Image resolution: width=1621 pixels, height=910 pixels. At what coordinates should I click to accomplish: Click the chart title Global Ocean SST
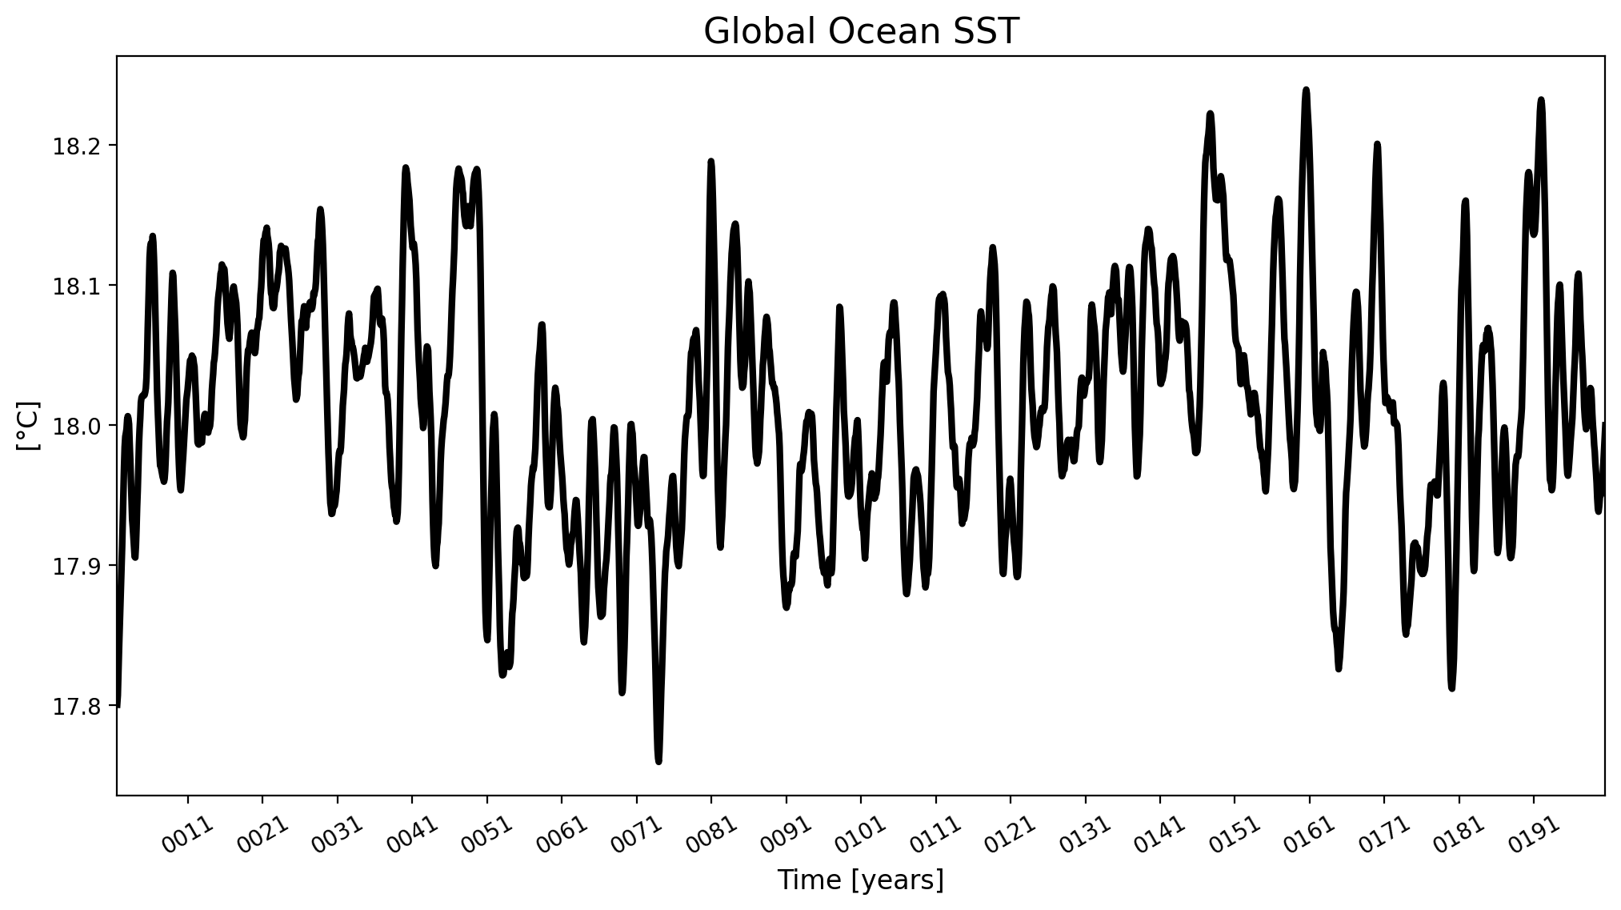(x=861, y=32)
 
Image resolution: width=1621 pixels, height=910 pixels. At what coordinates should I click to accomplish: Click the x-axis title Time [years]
(x=861, y=880)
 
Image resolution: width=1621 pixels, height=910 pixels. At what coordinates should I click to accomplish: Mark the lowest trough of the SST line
(x=658, y=761)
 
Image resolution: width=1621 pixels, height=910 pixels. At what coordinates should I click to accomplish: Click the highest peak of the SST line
(x=1306, y=90)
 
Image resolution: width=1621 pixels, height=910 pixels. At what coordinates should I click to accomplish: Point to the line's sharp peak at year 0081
(x=710, y=162)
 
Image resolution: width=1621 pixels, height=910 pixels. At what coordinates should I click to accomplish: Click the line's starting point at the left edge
(x=118, y=704)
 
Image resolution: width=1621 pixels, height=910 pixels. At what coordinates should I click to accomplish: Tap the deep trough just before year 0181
(x=1451, y=687)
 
